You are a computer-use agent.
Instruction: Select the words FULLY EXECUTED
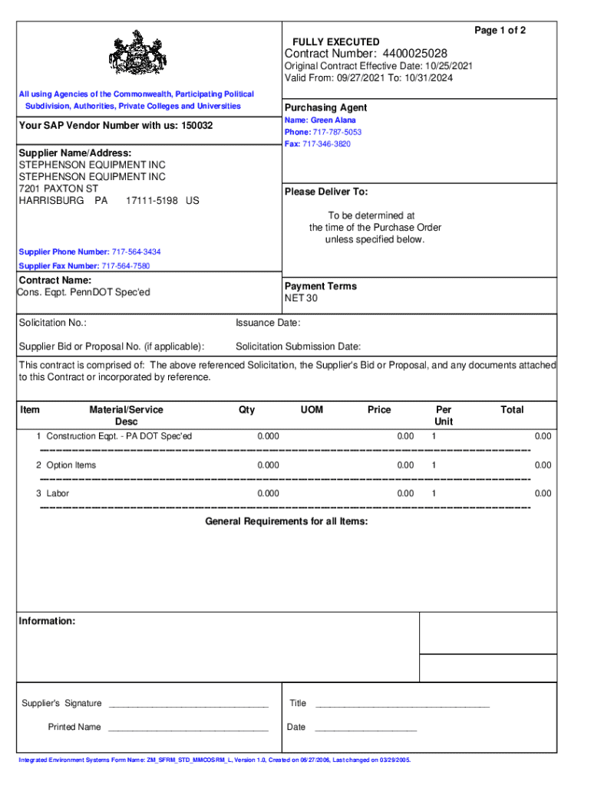(335, 41)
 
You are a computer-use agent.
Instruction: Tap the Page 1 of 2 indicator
(500, 30)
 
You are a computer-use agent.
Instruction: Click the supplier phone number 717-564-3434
(137, 252)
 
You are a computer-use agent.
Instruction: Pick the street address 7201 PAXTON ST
(58, 189)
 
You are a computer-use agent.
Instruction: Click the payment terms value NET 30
(301, 298)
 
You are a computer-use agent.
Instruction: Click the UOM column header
(312, 410)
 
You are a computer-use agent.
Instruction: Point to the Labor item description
(58, 494)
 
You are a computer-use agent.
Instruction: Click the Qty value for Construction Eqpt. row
(268, 436)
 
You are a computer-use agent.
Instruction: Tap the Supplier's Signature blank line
(188, 705)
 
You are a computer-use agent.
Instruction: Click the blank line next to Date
(365, 728)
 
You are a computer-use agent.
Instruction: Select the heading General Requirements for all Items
(286, 521)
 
